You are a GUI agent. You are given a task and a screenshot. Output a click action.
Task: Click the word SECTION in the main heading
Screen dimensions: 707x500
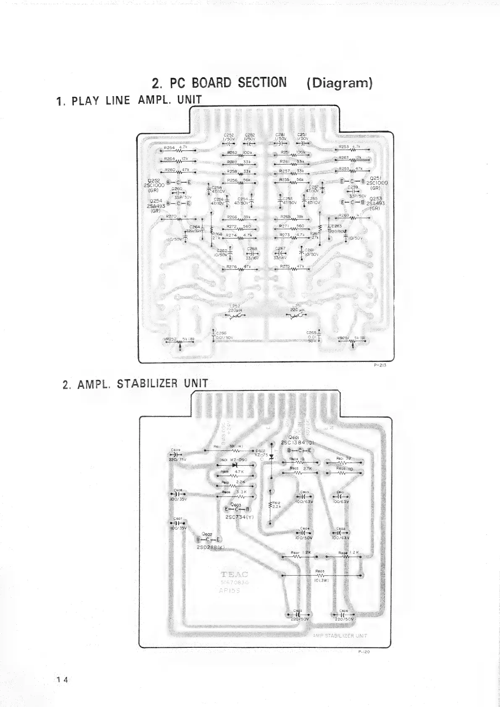click(x=262, y=83)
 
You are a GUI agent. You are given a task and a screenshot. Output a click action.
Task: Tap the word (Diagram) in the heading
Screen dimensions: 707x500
click(x=340, y=83)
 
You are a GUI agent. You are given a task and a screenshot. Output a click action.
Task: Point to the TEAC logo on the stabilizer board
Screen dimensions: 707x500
click(x=234, y=575)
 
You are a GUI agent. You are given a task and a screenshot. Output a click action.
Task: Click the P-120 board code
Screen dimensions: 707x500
click(x=364, y=652)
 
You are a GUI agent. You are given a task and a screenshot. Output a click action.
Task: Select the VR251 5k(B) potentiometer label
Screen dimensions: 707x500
click(x=351, y=338)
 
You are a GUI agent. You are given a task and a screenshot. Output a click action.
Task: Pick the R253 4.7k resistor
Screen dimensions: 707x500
click(x=352, y=148)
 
